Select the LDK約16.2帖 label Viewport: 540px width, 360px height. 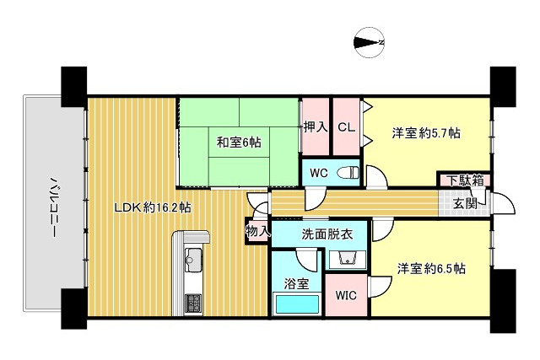click(153, 207)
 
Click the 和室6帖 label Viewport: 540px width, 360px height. click(239, 142)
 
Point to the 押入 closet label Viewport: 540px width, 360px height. click(316, 127)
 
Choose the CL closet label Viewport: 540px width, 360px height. click(346, 127)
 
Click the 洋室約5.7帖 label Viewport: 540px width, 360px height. click(426, 132)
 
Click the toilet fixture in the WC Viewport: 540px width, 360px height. click(348, 173)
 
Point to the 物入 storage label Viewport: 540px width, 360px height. click(257, 229)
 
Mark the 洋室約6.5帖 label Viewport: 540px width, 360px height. click(432, 269)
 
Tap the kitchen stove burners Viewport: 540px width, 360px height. click(193, 302)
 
